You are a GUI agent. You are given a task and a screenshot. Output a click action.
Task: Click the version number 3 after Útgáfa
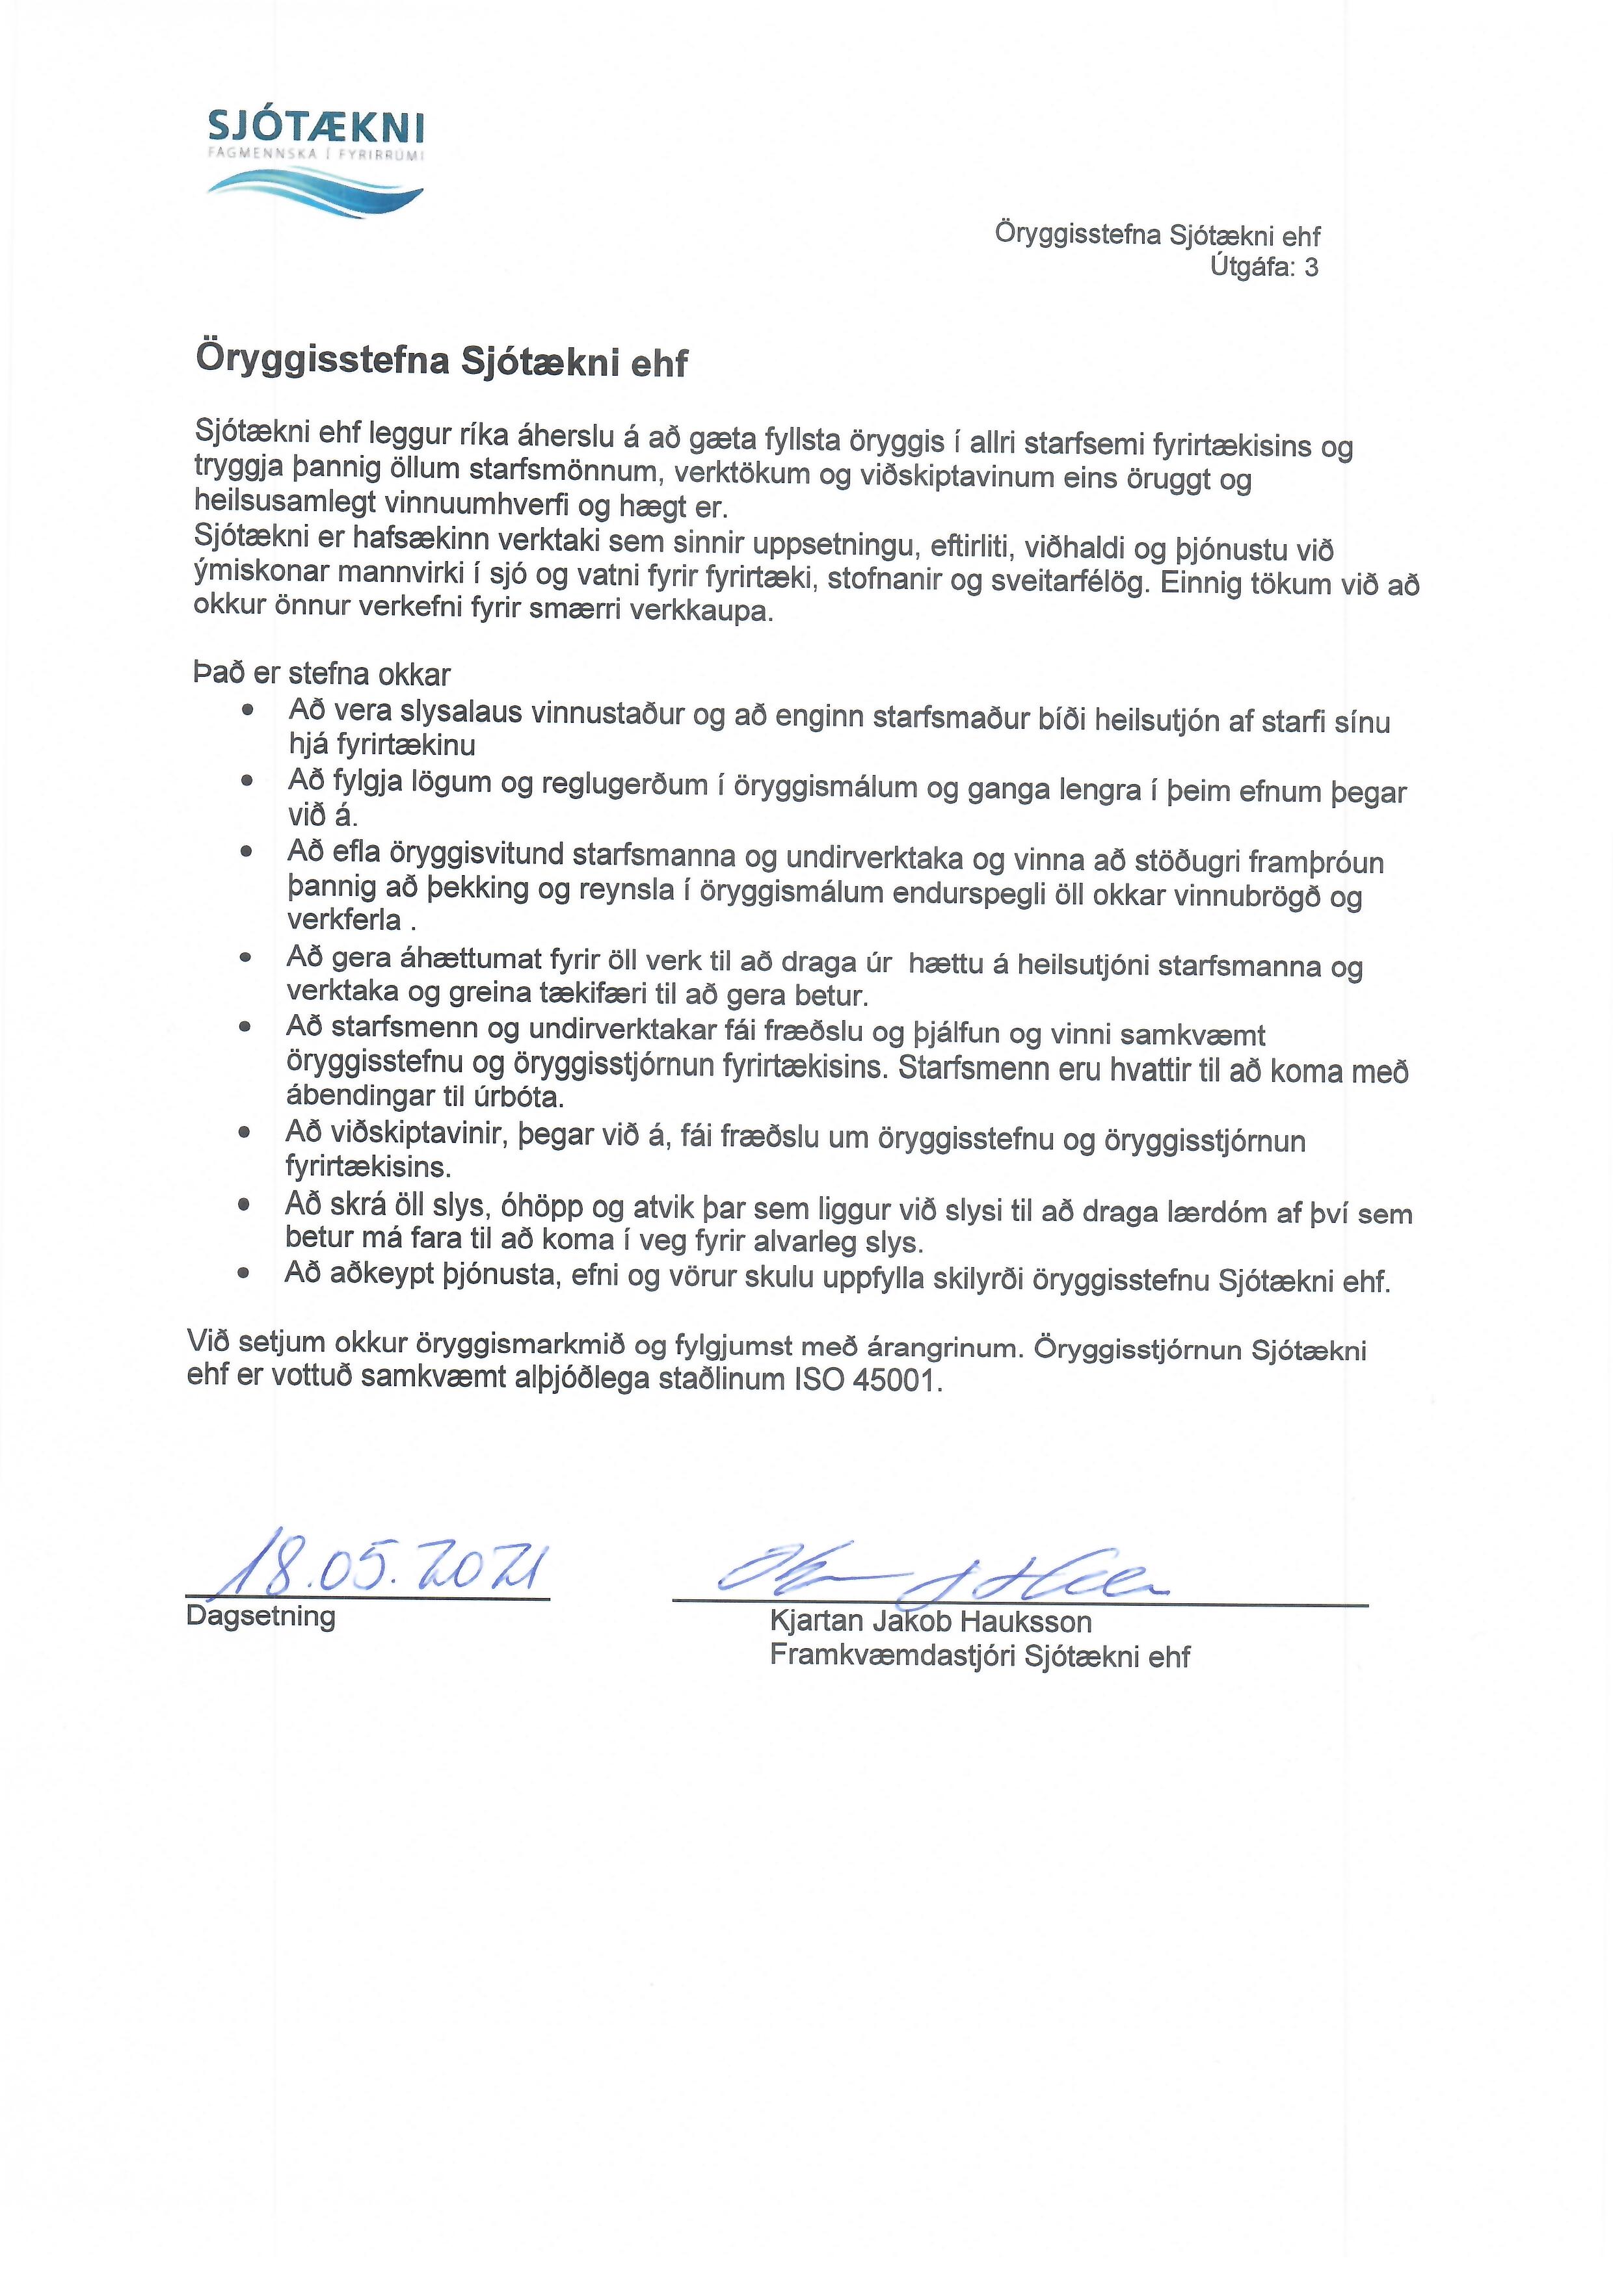point(1311,267)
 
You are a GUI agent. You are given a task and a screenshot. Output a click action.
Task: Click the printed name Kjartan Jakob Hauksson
point(931,1621)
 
